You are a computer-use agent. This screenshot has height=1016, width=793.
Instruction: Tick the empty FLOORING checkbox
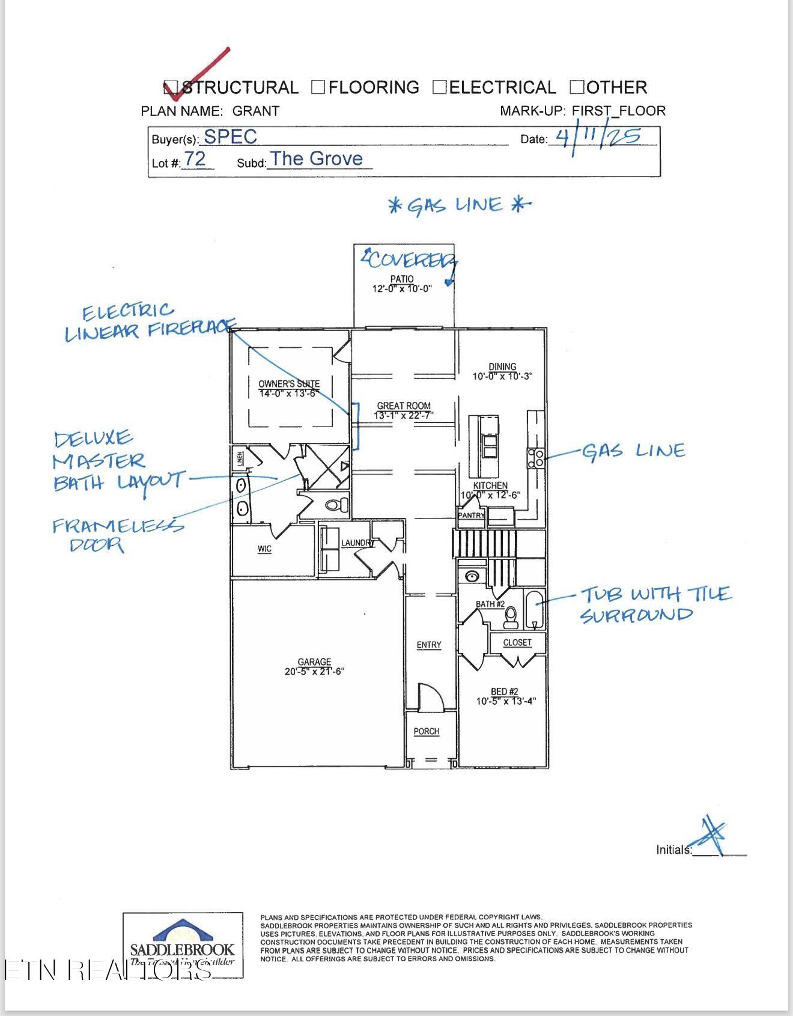coord(318,88)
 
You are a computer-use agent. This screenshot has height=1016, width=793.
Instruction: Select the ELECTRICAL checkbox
coord(440,88)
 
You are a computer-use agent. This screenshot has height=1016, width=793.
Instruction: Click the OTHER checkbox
coord(577,88)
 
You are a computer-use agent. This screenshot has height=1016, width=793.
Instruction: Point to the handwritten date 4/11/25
coord(598,137)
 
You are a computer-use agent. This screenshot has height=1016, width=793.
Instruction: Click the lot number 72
coord(195,159)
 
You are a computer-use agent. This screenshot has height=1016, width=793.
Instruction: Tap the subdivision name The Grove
coord(317,159)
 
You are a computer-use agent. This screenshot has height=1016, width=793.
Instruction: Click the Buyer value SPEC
coord(230,137)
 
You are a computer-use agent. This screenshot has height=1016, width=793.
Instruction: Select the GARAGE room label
coord(314,662)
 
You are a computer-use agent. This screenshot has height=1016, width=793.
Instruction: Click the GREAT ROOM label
coord(404,406)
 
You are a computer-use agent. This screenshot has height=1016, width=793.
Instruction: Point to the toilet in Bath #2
coord(511,616)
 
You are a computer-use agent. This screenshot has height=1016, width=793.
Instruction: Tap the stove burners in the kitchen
coord(536,458)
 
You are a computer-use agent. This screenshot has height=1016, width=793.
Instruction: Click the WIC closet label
coord(264,549)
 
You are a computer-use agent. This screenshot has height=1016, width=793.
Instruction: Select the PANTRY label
coord(471,516)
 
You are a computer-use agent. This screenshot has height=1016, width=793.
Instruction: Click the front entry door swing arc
coord(431,696)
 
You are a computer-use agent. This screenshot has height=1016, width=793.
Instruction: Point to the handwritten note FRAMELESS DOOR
coord(117,535)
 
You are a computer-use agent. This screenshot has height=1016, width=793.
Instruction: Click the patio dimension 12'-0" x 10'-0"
coord(402,289)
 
